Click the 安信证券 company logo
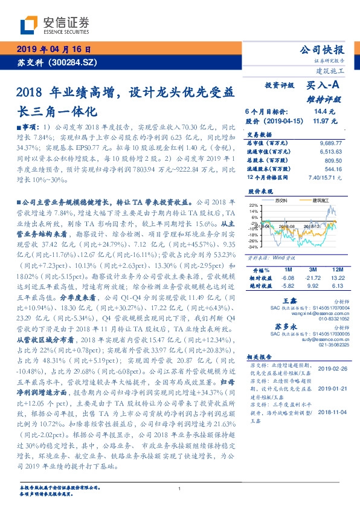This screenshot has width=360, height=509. (54, 25)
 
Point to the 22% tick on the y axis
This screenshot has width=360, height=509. (253, 205)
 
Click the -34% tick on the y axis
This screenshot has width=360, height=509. (252, 247)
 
